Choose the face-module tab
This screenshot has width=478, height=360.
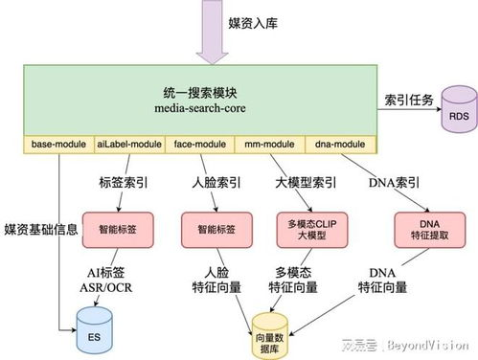(x=196, y=145)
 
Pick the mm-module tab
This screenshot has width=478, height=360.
(x=264, y=145)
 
